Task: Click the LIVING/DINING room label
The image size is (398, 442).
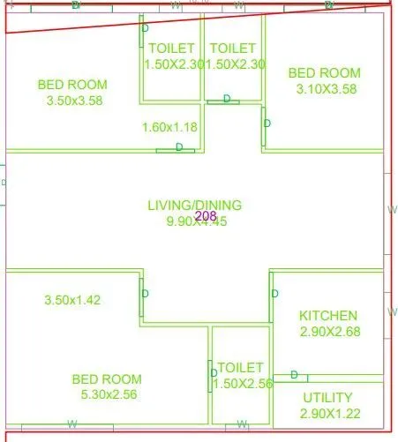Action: tap(194, 206)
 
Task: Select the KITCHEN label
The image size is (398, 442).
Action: tap(328, 316)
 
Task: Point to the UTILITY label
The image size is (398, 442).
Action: tap(327, 398)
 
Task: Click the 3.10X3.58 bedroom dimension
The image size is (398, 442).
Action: tap(325, 88)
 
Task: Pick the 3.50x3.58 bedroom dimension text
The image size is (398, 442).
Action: tap(72, 101)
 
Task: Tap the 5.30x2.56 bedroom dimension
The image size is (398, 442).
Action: tap(106, 394)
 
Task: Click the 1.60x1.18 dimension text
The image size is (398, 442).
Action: tap(169, 128)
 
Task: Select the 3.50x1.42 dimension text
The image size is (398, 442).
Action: tap(72, 300)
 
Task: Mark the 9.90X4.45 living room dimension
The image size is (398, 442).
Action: tap(197, 221)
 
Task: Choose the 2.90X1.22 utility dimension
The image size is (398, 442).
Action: tap(327, 413)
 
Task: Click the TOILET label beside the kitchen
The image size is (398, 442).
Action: tap(240, 367)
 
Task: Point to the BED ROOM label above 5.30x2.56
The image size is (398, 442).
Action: tap(107, 379)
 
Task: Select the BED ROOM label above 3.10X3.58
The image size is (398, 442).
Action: tap(325, 72)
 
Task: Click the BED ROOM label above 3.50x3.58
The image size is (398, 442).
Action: tap(72, 85)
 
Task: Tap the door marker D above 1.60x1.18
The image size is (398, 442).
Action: tap(179, 147)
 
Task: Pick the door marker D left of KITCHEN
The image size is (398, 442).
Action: tap(275, 293)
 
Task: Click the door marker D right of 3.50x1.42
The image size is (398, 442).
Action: tap(146, 294)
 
